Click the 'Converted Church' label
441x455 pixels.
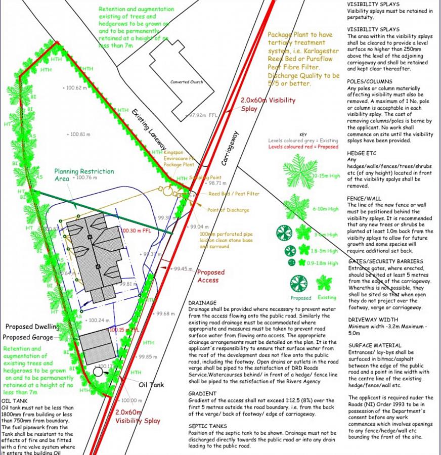186,82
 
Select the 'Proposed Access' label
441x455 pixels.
211,276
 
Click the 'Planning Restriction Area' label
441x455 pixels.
84,175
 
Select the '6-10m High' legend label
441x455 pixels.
326,208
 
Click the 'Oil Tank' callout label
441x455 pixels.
152,385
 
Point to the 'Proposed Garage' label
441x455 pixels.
28,337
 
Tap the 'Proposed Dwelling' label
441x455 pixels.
31,327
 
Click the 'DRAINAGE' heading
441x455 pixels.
202,302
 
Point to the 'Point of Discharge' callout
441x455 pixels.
228,210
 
